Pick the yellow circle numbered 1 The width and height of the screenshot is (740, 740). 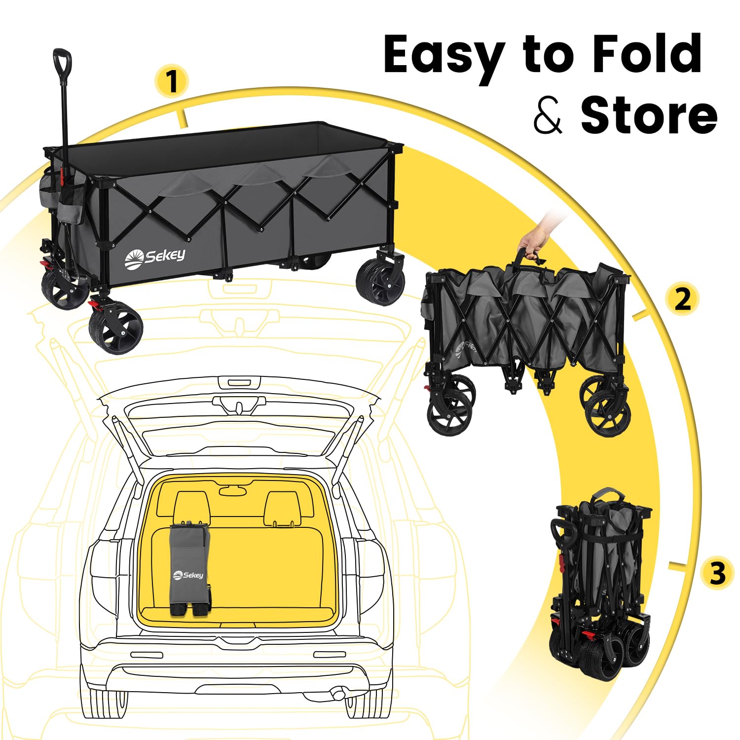click(171, 81)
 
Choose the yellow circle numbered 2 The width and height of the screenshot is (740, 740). click(682, 299)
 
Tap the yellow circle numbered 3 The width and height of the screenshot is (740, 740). click(718, 574)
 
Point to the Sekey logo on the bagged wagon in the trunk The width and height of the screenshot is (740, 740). click(188, 575)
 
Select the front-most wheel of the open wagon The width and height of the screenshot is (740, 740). click(116, 330)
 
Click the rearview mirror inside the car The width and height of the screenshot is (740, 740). click(233, 490)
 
